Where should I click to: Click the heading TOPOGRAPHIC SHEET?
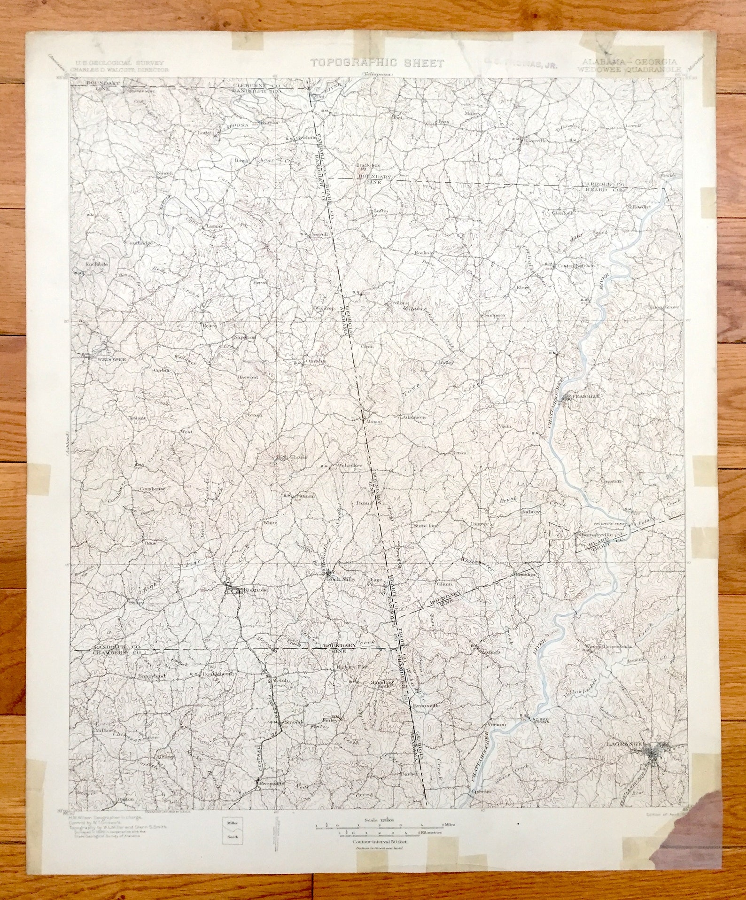[377, 63]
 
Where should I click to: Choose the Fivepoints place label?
[272, 783]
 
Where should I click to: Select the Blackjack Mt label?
[368, 167]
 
